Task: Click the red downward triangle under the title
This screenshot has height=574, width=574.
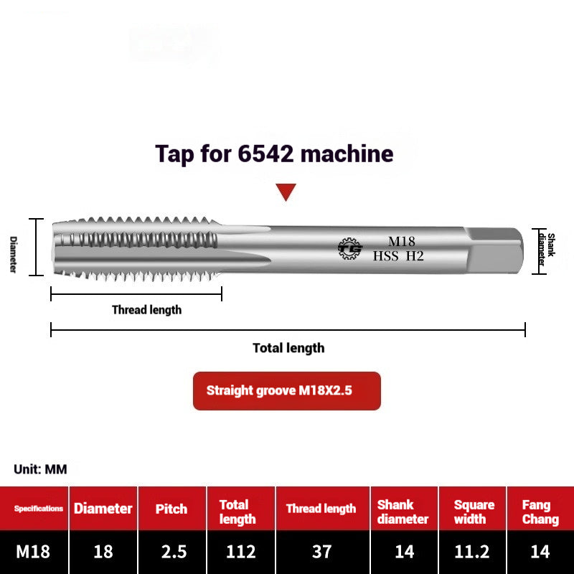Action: click(x=286, y=192)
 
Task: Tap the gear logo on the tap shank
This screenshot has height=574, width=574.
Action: click(x=350, y=248)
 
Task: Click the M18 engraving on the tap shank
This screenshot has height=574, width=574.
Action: click(x=402, y=241)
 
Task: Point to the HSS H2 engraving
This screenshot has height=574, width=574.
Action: click(x=398, y=255)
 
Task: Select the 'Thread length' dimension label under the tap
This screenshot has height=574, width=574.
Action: click(x=146, y=310)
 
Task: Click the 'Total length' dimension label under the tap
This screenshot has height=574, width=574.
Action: click(x=288, y=348)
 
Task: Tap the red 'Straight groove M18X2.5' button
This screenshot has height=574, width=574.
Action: click(x=286, y=391)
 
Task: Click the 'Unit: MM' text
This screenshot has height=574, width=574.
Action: click(x=40, y=469)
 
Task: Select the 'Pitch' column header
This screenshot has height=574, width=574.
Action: click(x=171, y=509)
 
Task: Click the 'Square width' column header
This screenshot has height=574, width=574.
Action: click(x=474, y=512)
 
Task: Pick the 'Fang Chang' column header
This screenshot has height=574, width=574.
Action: click(x=540, y=512)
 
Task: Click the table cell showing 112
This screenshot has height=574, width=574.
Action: click(x=240, y=552)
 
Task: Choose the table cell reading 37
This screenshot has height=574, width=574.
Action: click(x=321, y=552)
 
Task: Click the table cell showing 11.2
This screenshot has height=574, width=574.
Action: click(x=472, y=552)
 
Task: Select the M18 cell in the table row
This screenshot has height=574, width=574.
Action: click(x=33, y=552)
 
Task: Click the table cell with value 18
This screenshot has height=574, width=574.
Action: click(x=103, y=552)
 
